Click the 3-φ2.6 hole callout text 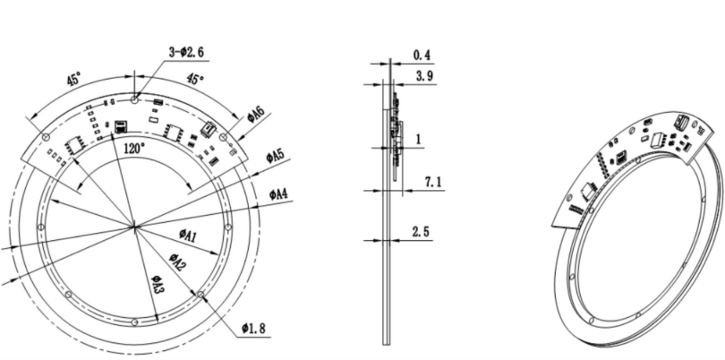click(x=186, y=52)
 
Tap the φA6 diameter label click(x=256, y=115)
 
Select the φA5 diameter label click(x=275, y=157)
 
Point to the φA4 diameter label click(x=278, y=194)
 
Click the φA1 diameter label click(x=188, y=235)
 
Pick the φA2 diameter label click(x=177, y=262)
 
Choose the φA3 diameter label click(x=158, y=284)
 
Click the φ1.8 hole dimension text click(x=253, y=329)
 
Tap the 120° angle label click(x=134, y=149)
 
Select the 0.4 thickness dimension click(x=422, y=56)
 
